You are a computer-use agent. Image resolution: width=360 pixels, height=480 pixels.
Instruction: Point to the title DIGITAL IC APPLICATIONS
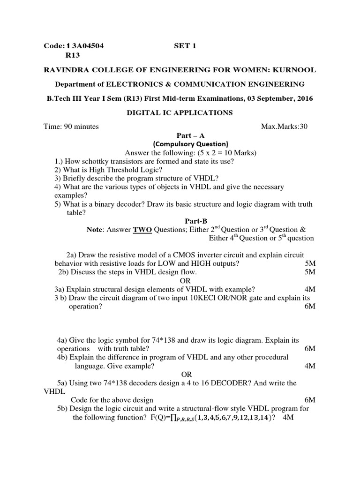tap(180, 112)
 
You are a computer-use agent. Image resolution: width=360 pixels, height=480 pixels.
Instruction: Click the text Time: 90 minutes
tap(71, 127)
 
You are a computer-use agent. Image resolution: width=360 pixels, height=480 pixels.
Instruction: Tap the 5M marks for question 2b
tap(310, 272)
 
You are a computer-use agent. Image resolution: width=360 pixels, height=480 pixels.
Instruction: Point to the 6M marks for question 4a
tap(310, 349)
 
